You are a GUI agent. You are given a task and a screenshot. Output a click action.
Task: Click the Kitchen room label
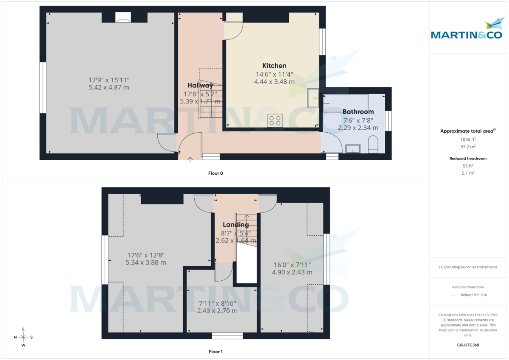[274, 66]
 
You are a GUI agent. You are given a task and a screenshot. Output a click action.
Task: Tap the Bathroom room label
[358, 112]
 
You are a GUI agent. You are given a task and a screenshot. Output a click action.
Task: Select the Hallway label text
[200, 86]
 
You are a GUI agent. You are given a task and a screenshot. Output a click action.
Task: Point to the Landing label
[236, 225]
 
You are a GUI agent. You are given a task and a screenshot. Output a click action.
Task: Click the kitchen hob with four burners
[274, 120]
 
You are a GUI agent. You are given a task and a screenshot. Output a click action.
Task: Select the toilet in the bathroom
[373, 144]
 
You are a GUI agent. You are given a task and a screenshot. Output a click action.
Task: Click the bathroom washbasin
[353, 148]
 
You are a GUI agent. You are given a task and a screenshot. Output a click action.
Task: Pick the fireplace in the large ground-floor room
[123, 17]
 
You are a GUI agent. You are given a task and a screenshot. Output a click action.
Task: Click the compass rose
[23, 337]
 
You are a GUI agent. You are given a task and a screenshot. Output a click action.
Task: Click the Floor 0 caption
[215, 173]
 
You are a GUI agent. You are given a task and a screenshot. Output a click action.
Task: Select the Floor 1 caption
[215, 352]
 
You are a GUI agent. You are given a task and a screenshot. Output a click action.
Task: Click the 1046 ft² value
[468, 139]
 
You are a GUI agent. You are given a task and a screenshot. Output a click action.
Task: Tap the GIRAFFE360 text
[468, 345]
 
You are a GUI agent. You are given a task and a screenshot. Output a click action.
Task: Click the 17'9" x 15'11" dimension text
[109, 80]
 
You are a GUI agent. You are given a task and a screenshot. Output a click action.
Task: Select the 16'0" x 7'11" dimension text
[292, 265]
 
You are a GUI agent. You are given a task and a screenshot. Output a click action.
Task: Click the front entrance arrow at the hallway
[190, 159]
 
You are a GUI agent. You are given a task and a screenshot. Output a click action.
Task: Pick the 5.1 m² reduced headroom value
[468, 173]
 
